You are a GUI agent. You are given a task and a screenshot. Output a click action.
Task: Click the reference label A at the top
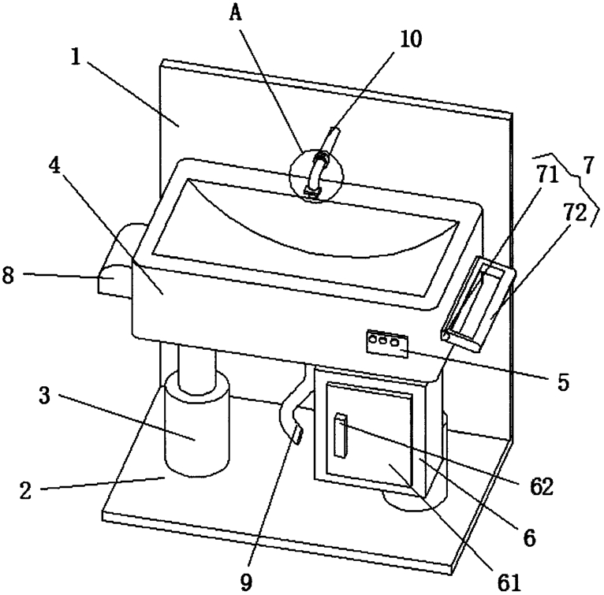tap(236, 13)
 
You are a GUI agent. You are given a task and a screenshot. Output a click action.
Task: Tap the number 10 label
tap(411, 39)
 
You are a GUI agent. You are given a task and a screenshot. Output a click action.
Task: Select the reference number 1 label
tap(76, 58)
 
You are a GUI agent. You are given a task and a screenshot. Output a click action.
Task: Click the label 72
tap(576, 213)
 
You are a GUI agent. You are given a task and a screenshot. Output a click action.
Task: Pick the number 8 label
tap(8, 275)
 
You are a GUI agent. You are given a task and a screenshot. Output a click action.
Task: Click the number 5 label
tap(563, 382)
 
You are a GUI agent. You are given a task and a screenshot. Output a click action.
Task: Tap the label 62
tap(542, 487)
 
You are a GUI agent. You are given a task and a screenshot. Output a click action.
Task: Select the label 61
tap(509, 583)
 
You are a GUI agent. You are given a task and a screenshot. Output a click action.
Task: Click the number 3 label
tap(45, 396)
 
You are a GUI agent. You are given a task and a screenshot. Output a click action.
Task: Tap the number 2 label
tap(25, 491)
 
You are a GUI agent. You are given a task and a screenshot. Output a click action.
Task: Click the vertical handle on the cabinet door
tap(341, 436)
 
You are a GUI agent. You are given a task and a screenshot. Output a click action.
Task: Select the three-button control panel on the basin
tap(387, 343)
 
